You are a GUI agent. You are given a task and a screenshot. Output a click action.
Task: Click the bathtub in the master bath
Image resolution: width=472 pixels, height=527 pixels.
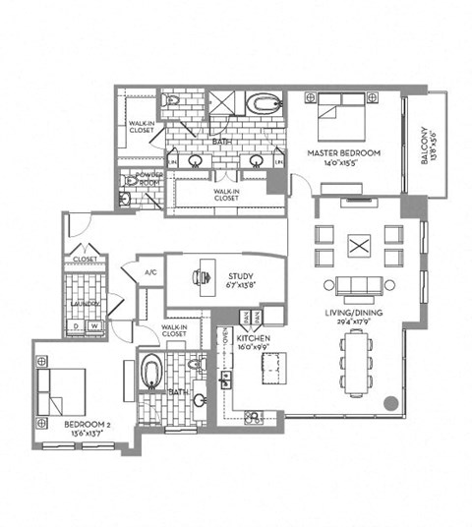[264, 104]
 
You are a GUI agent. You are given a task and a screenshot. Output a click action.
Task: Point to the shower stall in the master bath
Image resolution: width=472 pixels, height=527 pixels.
[221, 103]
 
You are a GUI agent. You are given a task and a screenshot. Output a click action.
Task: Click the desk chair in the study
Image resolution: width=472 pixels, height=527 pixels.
[202, 277]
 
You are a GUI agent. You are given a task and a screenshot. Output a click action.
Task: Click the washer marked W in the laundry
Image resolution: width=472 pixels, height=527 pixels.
[95, 326]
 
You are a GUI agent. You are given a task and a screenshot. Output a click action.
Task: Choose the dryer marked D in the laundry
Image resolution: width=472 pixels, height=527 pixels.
[76, 326]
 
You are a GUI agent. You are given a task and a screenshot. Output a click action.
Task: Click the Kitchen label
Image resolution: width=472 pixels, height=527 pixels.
[253, 338]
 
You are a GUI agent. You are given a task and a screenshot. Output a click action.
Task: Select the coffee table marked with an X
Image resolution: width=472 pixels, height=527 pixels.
[359, 246]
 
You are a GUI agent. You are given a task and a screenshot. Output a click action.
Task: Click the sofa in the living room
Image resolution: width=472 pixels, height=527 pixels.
[360, 285]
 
